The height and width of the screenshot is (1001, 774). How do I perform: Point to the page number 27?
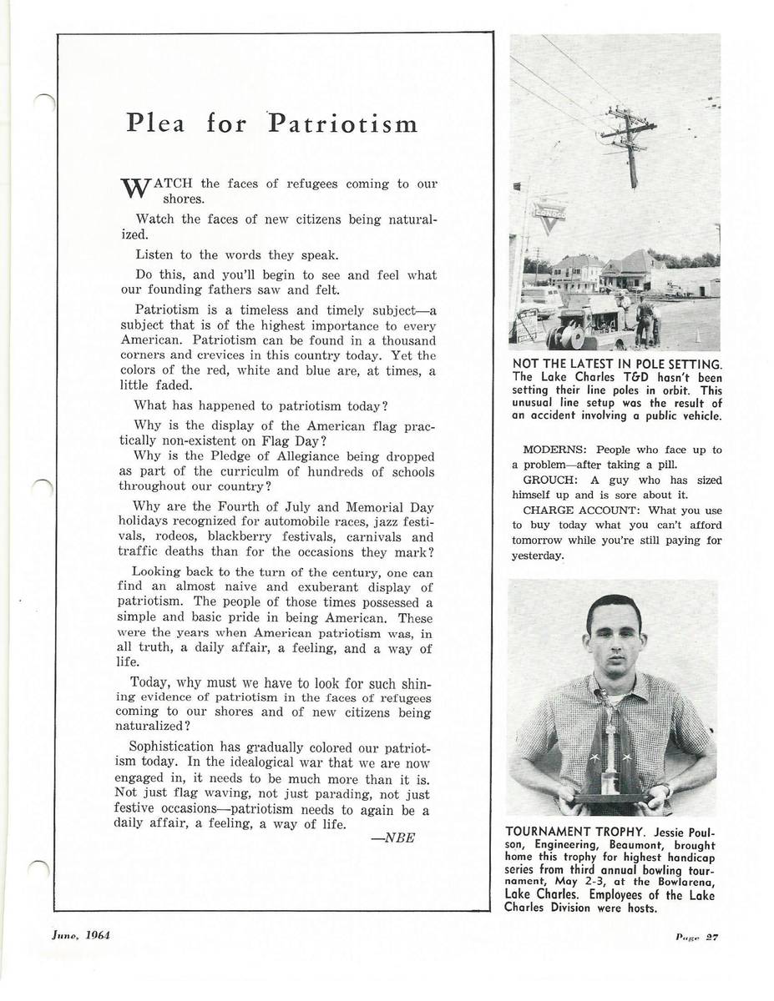711,937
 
